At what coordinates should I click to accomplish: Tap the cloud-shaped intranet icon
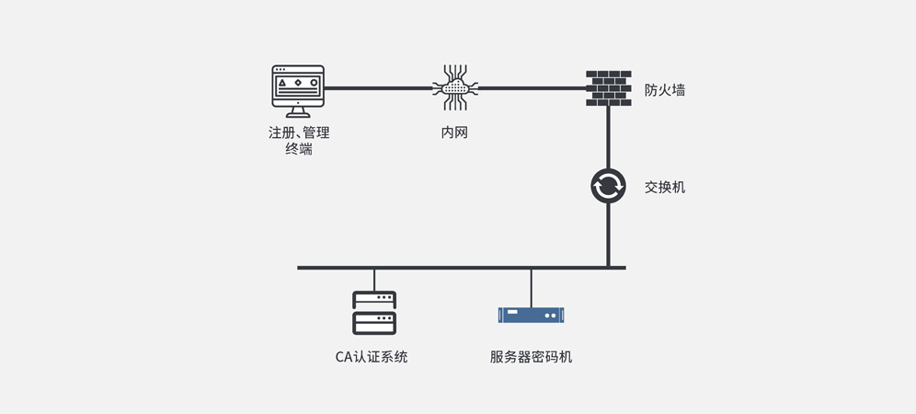455,87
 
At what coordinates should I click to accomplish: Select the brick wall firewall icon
608,88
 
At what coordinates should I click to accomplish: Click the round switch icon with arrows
608,186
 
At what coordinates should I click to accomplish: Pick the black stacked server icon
374,313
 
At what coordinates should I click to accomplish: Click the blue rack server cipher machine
531,315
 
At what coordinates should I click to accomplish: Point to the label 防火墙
664,90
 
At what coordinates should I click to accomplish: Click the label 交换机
664,187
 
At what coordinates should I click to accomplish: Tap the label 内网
454,132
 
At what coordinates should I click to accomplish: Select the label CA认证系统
372,357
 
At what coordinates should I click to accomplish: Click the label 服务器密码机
531,357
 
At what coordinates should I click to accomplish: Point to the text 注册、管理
298,132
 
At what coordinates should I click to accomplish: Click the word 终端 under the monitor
298,149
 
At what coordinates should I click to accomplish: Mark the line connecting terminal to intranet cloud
377,88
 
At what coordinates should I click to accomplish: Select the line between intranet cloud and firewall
533,88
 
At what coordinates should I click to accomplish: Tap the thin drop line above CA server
374,280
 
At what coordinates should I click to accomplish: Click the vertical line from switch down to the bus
608,235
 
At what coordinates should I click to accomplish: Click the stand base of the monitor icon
298,115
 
